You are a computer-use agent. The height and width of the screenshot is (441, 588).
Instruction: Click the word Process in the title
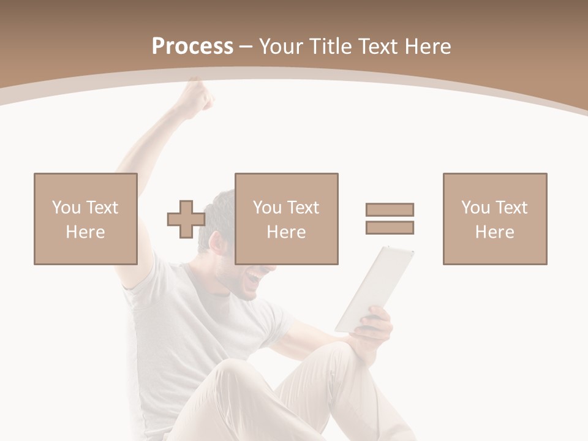tap(192, 47)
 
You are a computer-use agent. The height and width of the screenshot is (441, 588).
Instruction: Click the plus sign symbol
tap(186, 219)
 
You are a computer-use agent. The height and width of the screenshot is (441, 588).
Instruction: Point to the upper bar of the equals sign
tap(390, 209)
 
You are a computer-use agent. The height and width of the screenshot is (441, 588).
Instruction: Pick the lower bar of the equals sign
tap(390, 228)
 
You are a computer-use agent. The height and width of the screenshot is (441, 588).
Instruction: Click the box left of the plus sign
tap(86, 219)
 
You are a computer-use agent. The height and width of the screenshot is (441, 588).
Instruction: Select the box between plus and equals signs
tap(287, 219)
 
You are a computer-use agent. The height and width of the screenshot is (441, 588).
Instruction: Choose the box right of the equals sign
tap(495, 219)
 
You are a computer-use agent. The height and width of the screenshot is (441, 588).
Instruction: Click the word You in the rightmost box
tap(475, 208)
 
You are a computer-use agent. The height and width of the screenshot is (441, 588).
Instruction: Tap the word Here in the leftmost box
tap(85, 232)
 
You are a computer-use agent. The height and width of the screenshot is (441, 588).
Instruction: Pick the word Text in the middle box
tap(303, 208)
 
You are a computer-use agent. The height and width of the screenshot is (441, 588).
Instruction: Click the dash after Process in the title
tap(246, 47)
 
